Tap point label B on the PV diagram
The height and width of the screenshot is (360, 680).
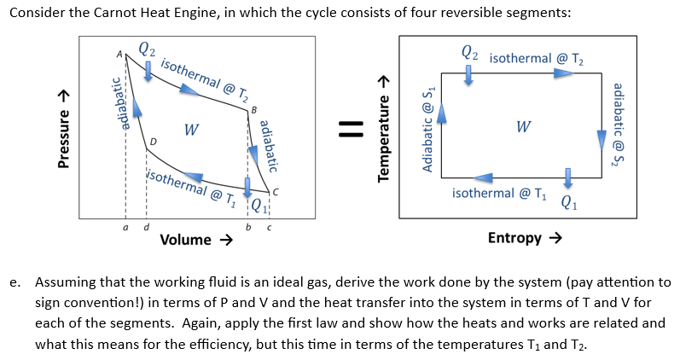coord(252,108)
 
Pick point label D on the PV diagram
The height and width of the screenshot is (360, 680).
coord(154,140)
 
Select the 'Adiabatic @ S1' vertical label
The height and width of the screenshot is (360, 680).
coord(429,129)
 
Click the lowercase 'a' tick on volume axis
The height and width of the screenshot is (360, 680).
coord(126,227)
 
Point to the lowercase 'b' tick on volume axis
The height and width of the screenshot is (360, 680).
coord(248,227)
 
